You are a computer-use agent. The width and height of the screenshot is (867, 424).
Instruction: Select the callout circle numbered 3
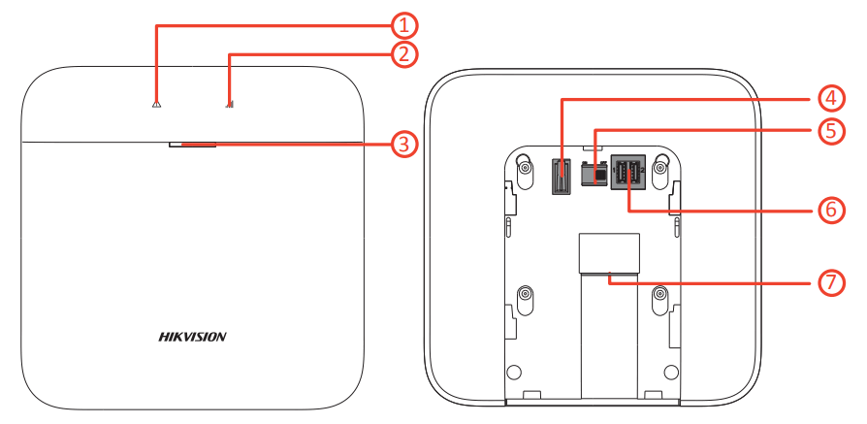[405, 146]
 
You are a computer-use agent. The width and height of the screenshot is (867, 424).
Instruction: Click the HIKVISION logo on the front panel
[192, 337]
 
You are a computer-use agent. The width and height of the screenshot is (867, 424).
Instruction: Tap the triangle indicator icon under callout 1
[155, 105]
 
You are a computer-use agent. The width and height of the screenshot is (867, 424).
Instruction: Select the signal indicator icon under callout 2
[229, 105]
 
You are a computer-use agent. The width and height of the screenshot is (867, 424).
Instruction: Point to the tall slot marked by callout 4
[561, 177]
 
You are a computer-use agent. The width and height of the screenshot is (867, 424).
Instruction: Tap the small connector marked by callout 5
[593, 173]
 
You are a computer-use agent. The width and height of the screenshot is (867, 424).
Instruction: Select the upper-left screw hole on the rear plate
[525, 167]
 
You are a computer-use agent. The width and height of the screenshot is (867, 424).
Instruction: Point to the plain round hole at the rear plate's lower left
[515, 371]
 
